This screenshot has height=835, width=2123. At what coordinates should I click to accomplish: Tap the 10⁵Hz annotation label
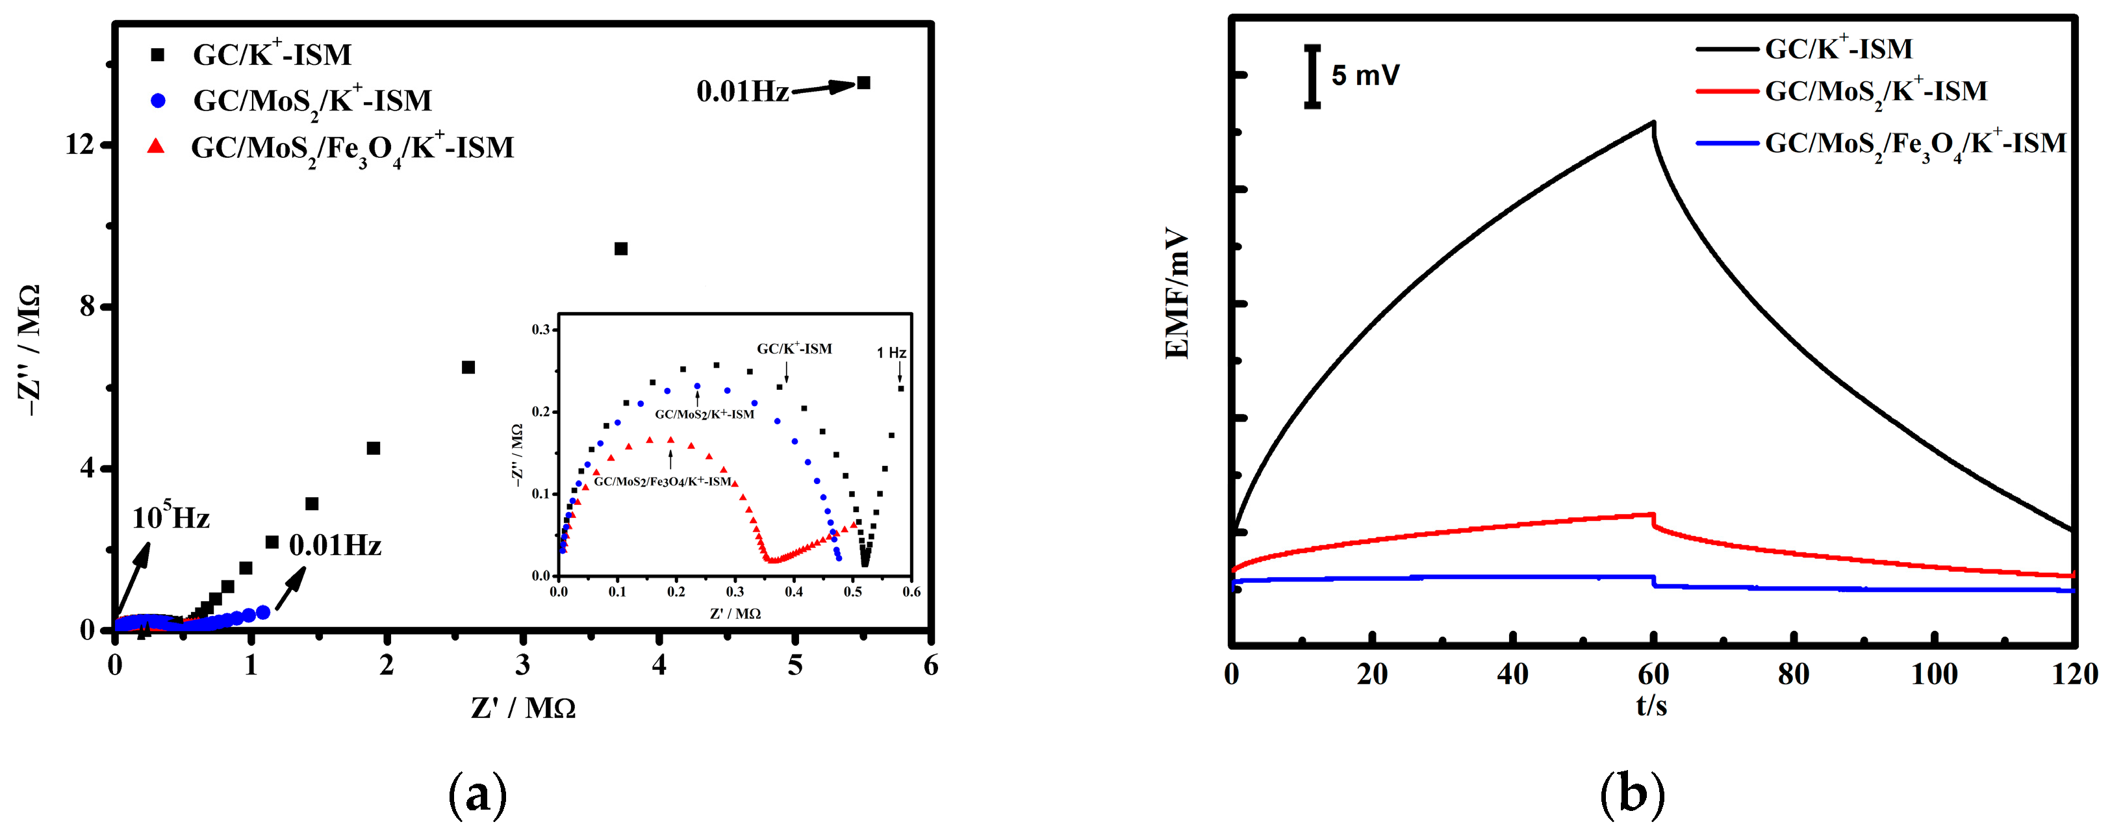pos(171,518)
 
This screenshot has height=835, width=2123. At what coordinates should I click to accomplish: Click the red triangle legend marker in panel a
pos(155,147)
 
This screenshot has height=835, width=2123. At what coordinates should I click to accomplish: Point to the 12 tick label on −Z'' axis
pos(80,145)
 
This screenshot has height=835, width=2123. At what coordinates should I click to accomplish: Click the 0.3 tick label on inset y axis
pos(540,329)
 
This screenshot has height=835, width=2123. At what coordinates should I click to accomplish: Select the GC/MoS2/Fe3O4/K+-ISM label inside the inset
pos(663,482)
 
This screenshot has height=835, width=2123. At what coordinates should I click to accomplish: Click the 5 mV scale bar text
pos(1365,76)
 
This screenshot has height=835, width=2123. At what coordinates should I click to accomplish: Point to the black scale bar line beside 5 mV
pos(1313,77)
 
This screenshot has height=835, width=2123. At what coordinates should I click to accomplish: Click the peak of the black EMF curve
pos(1653,123)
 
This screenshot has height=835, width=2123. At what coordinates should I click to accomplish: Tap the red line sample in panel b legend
pos(1727,92)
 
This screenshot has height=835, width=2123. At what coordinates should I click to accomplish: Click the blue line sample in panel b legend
pos(1727,144)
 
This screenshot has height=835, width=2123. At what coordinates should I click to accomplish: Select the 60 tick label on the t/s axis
pos(1653,674)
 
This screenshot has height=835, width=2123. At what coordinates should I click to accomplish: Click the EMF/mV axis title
pos(1178,294)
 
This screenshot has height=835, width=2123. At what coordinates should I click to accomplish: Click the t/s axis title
pos(1651,706)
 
